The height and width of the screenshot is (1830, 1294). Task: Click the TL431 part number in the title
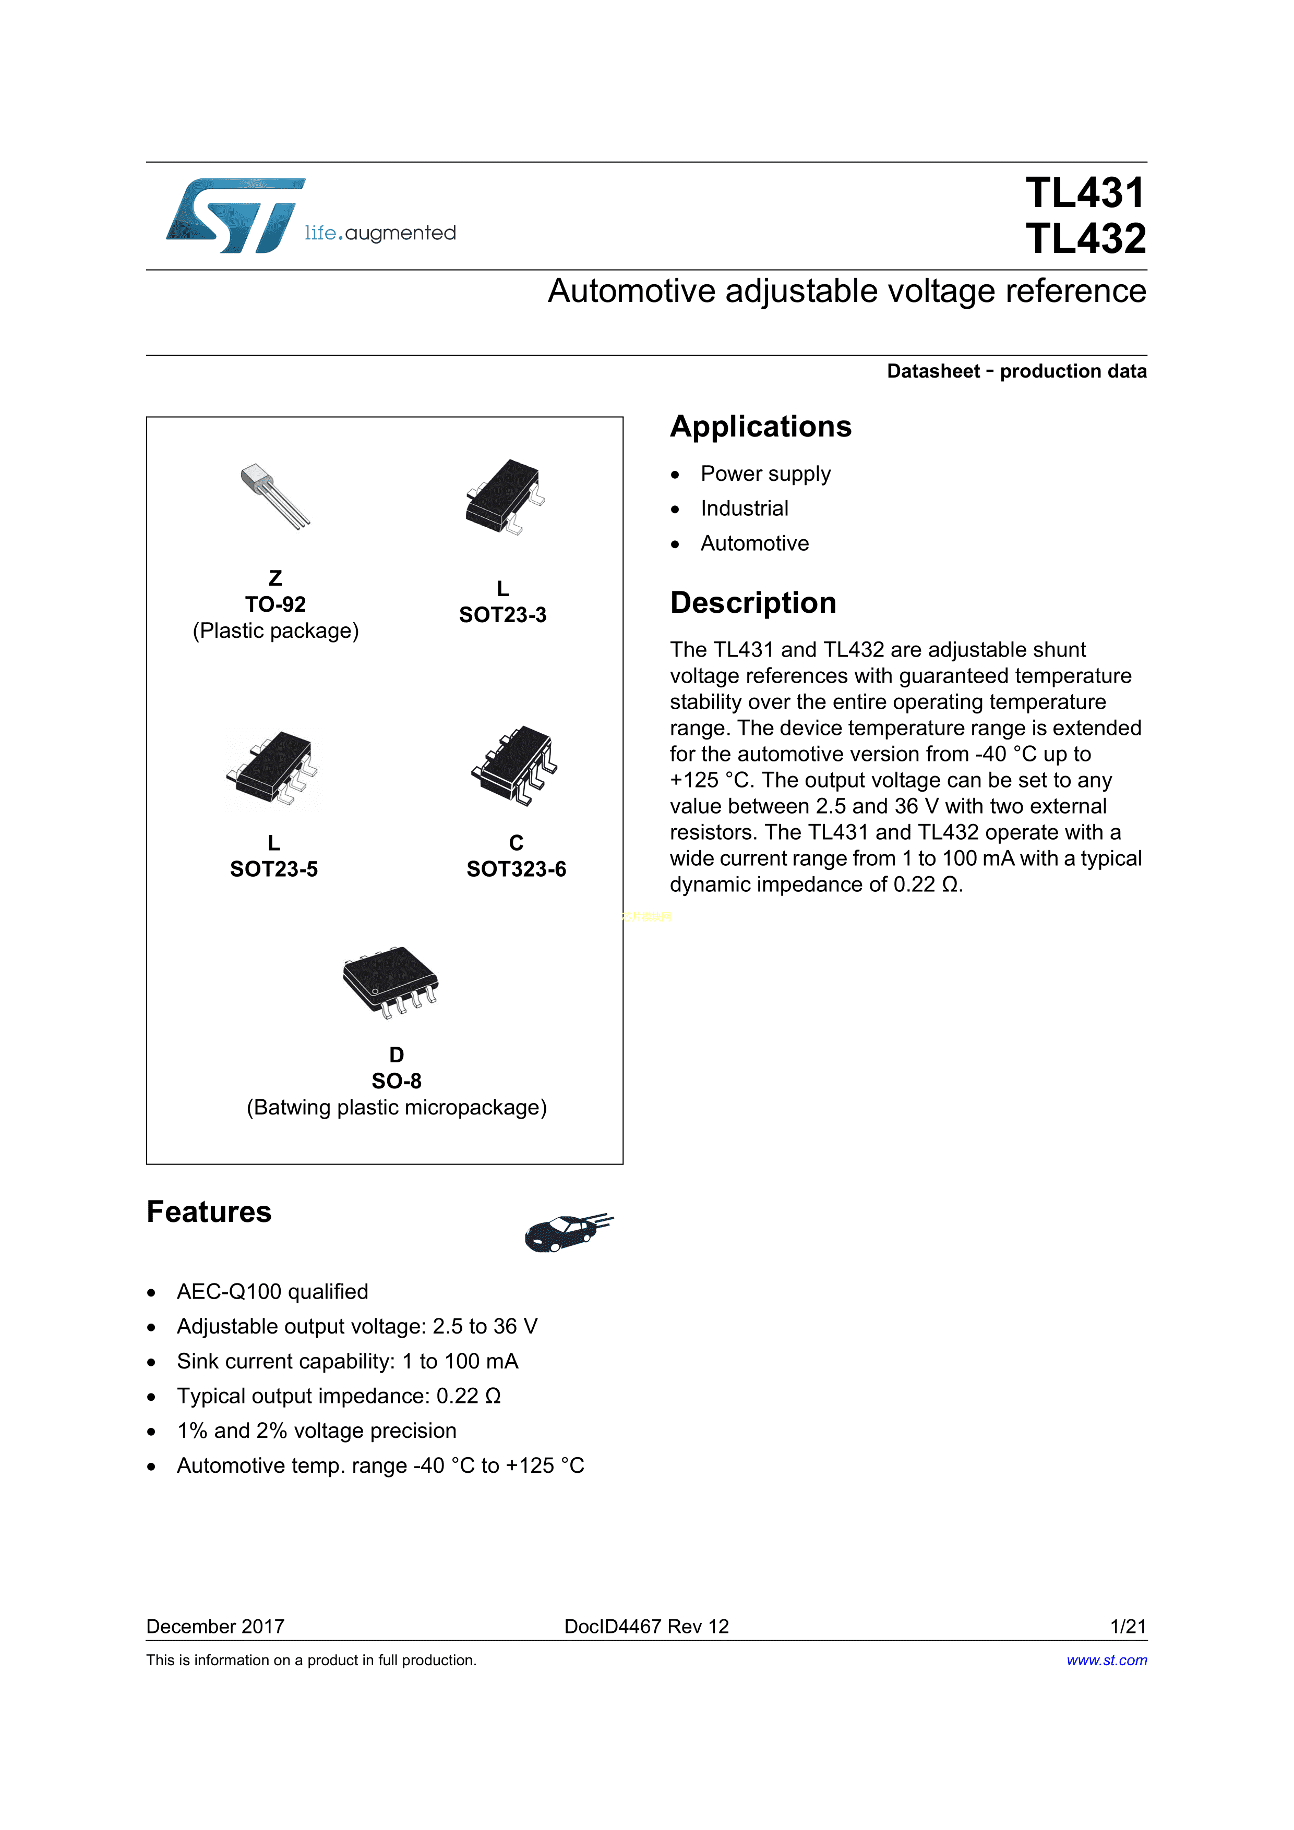pyautogui.click(x=1085, y=193)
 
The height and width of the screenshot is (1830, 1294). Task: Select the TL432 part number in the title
pyautogui.click(x=1085, y=239)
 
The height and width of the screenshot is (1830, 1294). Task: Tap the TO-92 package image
pyautogui.click(x=275, y=496)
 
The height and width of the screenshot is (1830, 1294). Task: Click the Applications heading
pyautogui.click(x=761, y=427)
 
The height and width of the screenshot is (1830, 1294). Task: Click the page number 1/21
pyautogui.click(x=1128, y=1627)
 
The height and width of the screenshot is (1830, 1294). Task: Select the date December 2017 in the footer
pyautogui.click(x=215, y=1627)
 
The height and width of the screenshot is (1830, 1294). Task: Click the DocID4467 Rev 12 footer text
pyautogui.click(x=646, y=1627)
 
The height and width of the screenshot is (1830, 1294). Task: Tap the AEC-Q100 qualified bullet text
pyautogui.click(x=273, y=1292)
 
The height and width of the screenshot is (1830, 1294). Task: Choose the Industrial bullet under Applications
pyautogui.click(x=744, y=508)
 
